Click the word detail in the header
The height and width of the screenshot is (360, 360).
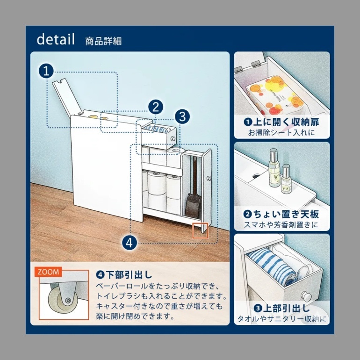56,39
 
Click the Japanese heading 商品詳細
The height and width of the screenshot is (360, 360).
103,41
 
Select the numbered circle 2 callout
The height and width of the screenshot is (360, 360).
156,107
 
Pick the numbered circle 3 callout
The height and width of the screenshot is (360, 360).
183,115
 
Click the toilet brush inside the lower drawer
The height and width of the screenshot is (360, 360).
193,201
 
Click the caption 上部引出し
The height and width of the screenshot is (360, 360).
282,309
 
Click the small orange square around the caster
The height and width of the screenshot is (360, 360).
200,230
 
